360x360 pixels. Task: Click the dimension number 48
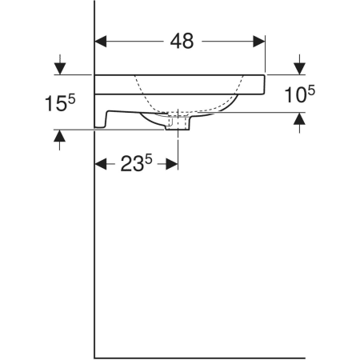[x=182, y=42]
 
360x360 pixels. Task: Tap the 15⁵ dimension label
[x=60, y=103]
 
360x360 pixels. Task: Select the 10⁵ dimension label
[x=300, y=94]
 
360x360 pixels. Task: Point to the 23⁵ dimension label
[x=136, y=163]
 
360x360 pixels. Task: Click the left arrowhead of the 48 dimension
[x=101, y=42]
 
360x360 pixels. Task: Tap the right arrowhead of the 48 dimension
[x=259, y=42]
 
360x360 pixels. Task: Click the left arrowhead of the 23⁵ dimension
[x=101, y=164]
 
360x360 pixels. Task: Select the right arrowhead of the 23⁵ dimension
[x=172, y=164]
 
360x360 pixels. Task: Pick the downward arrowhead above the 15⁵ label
[x=60, y=69]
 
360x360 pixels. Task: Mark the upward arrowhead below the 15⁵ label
[x=60, y=136]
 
